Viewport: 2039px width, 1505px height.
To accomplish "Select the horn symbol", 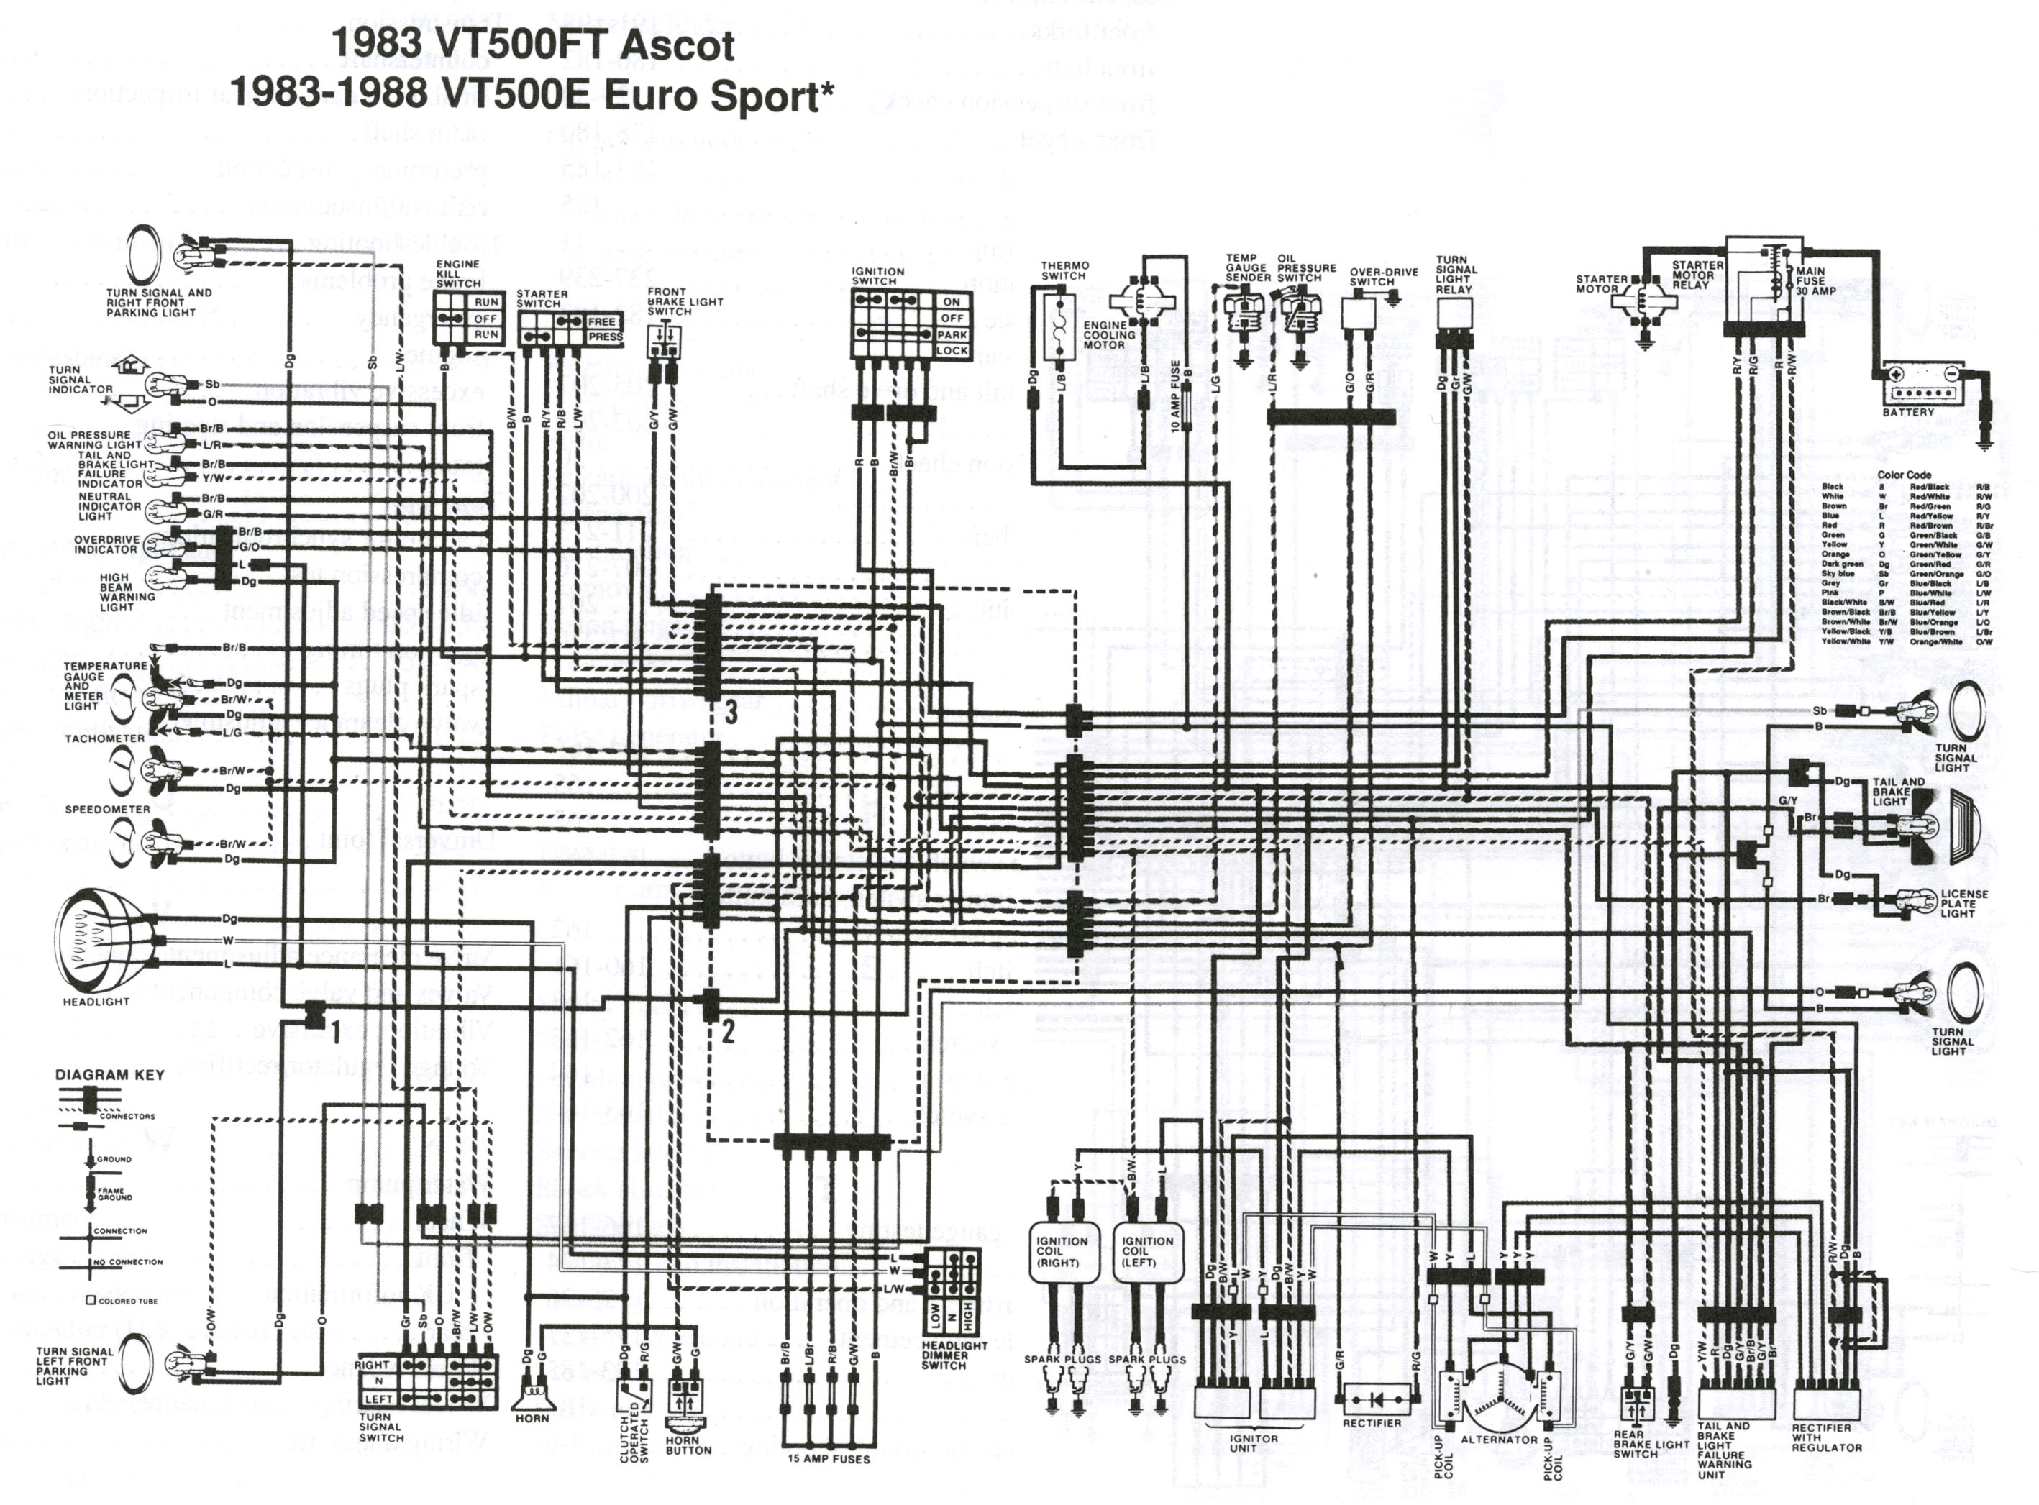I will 532,1395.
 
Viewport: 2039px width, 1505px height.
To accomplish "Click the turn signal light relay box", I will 1453,314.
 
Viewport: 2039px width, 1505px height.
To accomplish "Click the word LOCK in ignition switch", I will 952,351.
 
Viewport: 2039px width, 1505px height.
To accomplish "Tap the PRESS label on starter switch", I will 605,337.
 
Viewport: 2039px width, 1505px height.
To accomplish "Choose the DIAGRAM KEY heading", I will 110,1075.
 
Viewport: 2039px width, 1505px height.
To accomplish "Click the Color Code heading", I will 1903,475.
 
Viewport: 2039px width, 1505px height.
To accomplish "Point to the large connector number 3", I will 730,713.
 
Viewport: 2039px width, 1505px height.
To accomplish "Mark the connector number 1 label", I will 334,1031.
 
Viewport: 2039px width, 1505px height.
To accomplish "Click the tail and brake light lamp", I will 1927,825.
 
